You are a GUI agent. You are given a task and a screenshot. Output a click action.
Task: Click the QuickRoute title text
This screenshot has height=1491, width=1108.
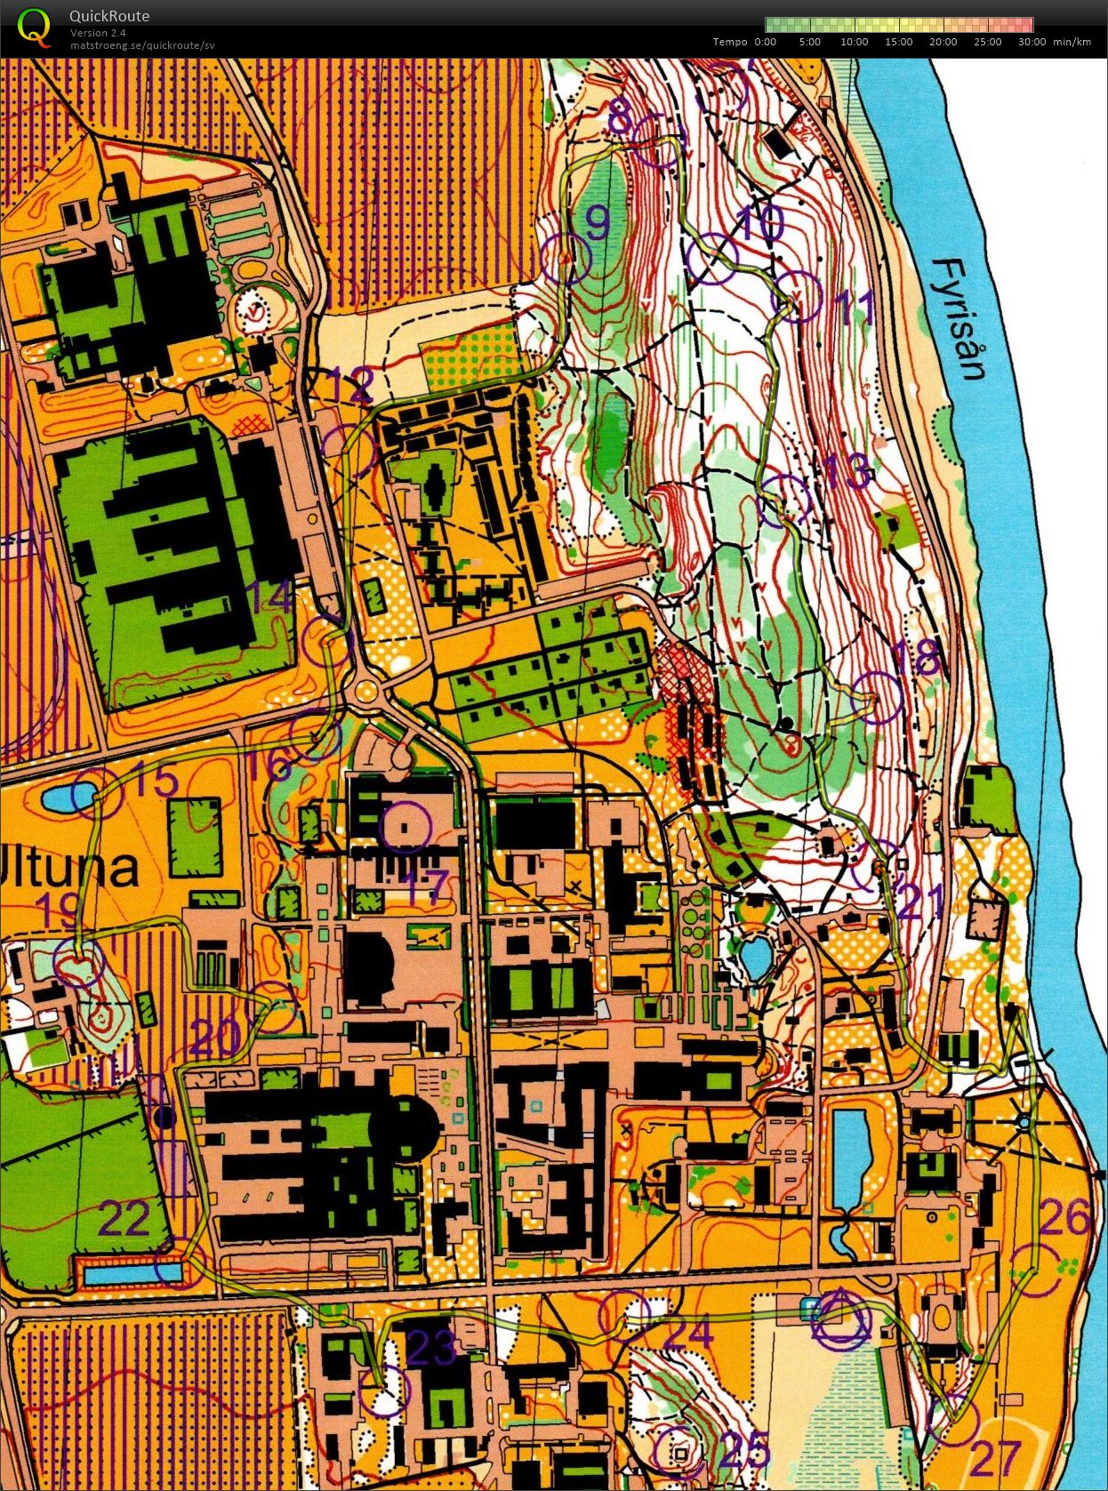click(x=108, y=16)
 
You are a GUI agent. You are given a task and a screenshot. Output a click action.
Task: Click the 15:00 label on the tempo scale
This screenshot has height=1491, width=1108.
click(x=898, y=42)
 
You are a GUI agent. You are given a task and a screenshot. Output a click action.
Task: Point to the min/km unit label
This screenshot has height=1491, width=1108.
click(x=1072, y=42)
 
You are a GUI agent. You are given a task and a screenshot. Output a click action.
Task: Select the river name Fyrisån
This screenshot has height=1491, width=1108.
click(x=962, y=318)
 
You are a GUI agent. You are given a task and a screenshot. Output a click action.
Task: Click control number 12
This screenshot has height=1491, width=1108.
click(x=349, y=386)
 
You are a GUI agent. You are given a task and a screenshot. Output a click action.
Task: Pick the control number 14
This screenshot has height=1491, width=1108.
click(x=269, y=597)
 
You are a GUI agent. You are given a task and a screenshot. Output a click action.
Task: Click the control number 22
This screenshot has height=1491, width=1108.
click(x=123, y=1220)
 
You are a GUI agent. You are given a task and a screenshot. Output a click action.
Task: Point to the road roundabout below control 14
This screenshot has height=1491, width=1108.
click(x=365, y=691)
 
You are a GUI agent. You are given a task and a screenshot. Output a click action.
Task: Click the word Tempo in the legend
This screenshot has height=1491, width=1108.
click(x=729, y=42)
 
